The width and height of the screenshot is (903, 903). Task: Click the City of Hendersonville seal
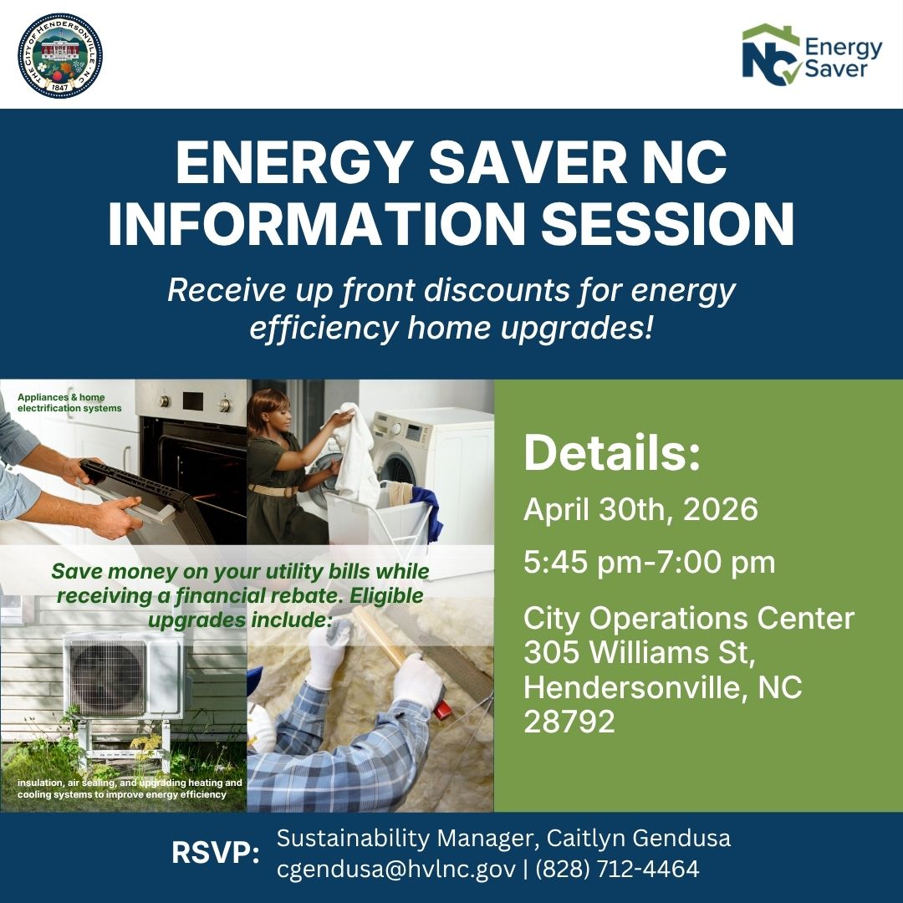coord(60,55)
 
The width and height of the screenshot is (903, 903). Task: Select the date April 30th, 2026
coord(640,508)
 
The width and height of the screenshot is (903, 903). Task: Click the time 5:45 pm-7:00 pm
coord(650,563)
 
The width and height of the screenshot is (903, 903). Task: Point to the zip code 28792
coord(569,722)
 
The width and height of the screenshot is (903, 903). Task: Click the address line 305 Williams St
coord(640,652)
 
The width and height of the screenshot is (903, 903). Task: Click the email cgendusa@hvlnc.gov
coord(395,870)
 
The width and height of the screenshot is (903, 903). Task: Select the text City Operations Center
coord(689,619)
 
